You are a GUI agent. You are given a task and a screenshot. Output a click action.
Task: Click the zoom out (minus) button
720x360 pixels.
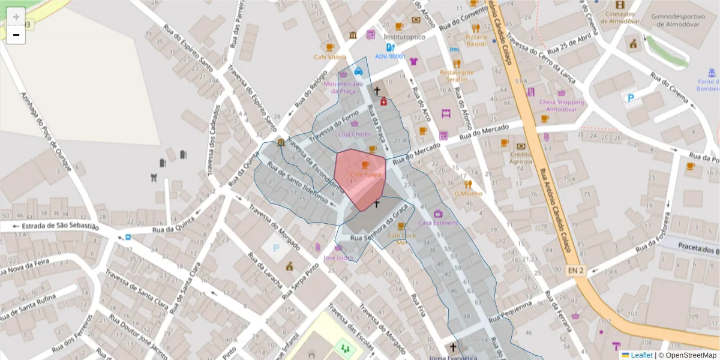[x=16, y=35]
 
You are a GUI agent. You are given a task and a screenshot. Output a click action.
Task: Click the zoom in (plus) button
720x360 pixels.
[x=16, y=17]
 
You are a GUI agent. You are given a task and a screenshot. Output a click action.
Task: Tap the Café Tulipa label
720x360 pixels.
[x=365, y=174]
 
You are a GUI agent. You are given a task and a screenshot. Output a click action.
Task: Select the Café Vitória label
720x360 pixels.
[x=329, y=57]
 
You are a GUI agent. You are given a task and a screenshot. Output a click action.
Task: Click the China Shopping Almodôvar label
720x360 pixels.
[x=561, y=106]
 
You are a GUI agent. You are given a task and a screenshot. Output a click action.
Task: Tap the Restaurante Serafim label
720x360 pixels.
[x=457, y=76]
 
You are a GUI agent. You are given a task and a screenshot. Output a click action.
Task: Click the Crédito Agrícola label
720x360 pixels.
[x=521, y=158]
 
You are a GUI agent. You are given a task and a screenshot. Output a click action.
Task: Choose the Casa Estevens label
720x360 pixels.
[x=438, y=223]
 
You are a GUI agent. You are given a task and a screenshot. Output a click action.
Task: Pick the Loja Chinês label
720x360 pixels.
[x=355, y=134]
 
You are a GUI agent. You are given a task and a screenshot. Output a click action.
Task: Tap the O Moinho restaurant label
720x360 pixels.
[x=468, y=193]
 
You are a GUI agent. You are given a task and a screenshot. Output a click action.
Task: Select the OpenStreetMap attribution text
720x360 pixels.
[x=687, y=355]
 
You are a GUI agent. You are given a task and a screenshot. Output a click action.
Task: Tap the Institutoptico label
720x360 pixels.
[x=404, y=37]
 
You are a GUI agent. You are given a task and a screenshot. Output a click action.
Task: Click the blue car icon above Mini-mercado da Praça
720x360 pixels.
[x=358, y=71]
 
